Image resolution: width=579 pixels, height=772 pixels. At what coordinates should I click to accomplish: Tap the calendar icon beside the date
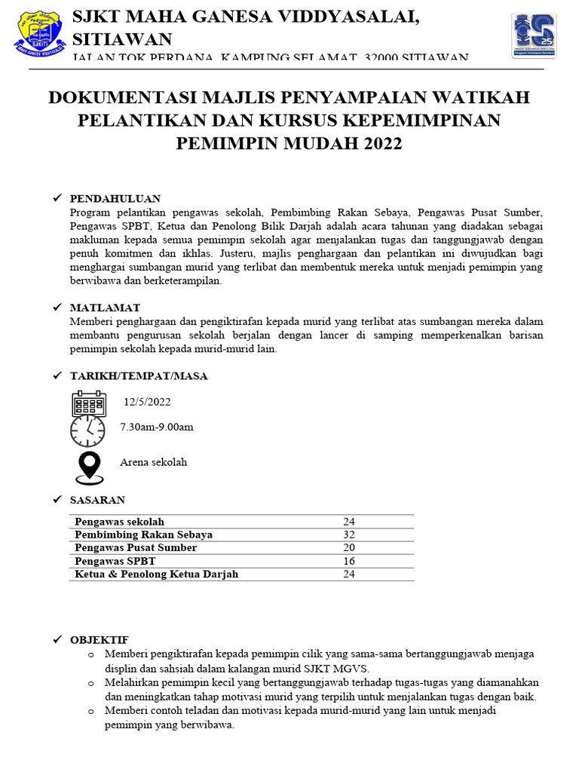tap(89, 403)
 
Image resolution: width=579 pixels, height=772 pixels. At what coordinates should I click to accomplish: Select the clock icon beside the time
tap(87, 430)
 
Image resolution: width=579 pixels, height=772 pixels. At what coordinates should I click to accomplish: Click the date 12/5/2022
tap(148, 403)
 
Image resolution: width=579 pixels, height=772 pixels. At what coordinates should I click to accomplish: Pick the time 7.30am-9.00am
tap(157, 427)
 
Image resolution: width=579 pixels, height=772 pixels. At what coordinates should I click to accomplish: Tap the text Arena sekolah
tap(153, 462)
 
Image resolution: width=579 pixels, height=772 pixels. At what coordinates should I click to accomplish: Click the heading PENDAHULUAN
tap(115, 198)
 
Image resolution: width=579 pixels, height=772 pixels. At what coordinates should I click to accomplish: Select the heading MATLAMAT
tap(105, 308)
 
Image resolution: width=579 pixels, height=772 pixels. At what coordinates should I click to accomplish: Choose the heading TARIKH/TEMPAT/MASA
tap(139, 376)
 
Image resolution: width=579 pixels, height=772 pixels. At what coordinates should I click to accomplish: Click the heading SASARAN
tap(97, 500)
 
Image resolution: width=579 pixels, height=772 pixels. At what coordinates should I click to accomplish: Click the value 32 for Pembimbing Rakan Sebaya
tap(349, 535)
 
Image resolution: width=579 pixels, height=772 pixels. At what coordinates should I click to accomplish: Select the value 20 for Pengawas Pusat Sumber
tap(349, 547)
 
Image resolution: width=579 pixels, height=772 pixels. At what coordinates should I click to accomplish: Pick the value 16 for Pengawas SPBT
tap(349, 561)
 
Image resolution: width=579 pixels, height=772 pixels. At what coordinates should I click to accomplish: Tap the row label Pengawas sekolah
tap(119, 522)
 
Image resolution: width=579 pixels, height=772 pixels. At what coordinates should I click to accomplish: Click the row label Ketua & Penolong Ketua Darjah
tap(156, 574)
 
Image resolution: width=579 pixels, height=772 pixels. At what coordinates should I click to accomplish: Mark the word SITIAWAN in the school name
tap(121, 39)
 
